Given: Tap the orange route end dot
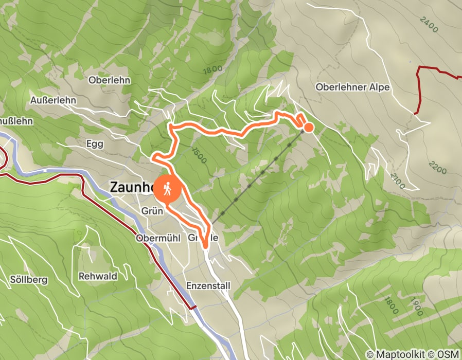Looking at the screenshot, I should coord(309,127).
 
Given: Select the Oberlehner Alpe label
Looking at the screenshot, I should coord(352,87).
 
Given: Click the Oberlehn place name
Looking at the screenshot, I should coord(109,80).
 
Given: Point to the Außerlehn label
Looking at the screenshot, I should coord(52,99).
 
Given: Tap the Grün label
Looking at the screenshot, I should coord(152,211).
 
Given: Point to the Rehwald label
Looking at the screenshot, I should coord(98,276).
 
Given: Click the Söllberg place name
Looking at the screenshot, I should coord(29,280).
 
